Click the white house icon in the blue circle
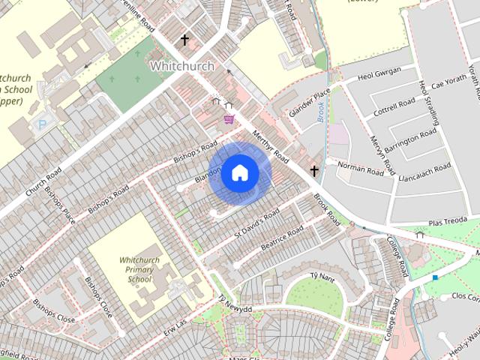(239, 172)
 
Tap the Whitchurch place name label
(181, 66)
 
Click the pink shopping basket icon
(229, 118)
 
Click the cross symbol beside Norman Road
(314, 171)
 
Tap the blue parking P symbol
(42, 124)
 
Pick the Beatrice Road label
(281, 236)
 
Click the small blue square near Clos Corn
(435, 277)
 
